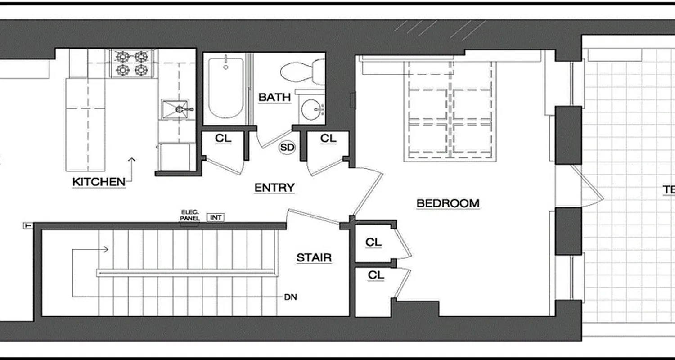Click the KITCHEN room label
tap(99, 182)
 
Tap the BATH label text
tap(274, 97)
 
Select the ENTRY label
tap(274, 187)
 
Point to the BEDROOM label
tap(448, 203)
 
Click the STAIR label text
tap(314, 258)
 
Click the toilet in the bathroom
tap(301, 72)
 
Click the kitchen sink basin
tap(175, 109)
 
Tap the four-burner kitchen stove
tap(132, 63)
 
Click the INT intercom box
tap(216, 217)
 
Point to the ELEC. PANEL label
tap(189, 215)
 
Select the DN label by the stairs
tap(290, 297)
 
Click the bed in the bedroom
tap(450, 111)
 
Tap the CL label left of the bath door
tap(223, 139)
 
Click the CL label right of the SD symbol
tap(328, 139)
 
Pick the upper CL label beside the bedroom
tap(373, 242)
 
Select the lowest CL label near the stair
tap(376, 274)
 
